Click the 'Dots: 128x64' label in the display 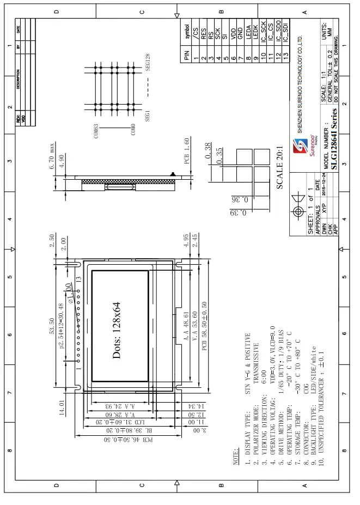[x=117, y=331]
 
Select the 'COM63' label [x=96, y=131]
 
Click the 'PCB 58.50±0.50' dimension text [x=204, y=326]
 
